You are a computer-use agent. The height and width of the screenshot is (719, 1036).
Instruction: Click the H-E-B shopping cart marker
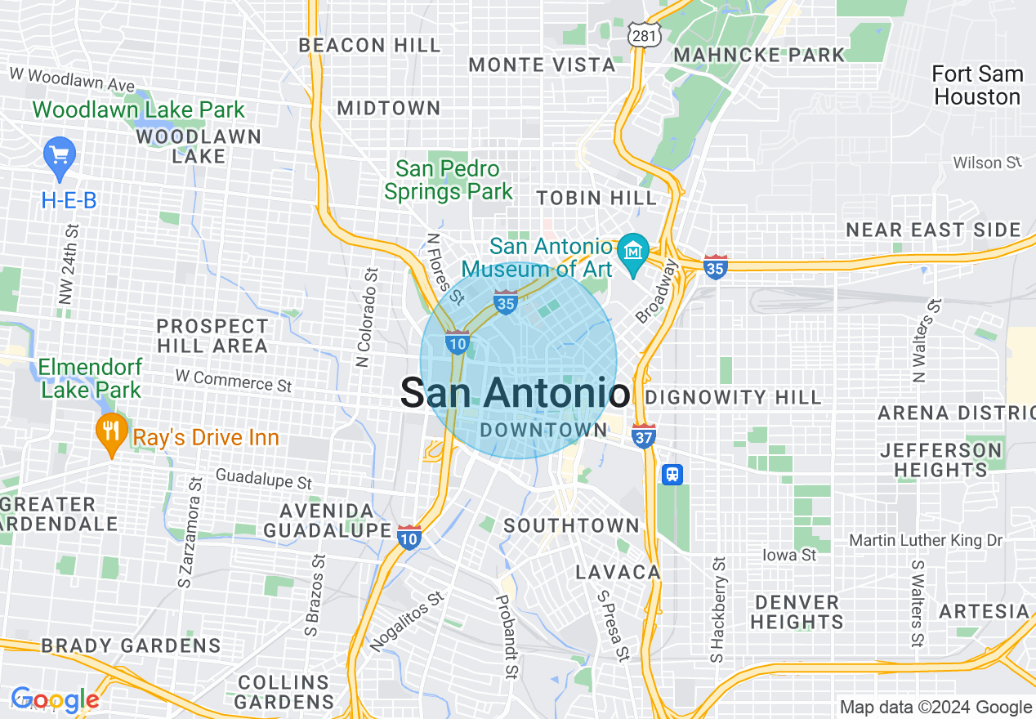[x=59, y=154]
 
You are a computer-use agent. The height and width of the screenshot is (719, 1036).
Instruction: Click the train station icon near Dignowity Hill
[x=672, y=475]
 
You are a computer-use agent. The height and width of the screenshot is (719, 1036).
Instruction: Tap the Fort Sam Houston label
[x=977, y=85]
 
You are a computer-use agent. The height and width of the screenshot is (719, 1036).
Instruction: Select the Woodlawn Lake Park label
[x=138, y=109]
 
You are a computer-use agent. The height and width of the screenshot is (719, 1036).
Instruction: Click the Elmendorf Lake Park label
[x=91, y=378]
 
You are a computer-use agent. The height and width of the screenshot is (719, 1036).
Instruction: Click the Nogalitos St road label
[x=406, y=622]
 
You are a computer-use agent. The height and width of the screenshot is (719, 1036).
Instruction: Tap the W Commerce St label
[x=234, y=380]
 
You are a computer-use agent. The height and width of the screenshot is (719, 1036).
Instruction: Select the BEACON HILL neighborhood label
[x=369, y=45]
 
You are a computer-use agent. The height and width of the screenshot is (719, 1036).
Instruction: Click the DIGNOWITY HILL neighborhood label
[x=733, y=398]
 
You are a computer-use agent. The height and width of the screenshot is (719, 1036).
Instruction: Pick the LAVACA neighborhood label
[x=618, y=572]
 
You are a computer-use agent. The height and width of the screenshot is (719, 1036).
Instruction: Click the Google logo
[x=55, y=700]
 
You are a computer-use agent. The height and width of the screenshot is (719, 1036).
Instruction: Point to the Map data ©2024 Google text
[x=936, y=707]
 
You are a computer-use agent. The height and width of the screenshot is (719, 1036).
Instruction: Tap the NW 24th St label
[x=69, y=265]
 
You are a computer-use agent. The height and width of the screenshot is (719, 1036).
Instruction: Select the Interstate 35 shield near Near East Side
[x=715, y=266]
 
